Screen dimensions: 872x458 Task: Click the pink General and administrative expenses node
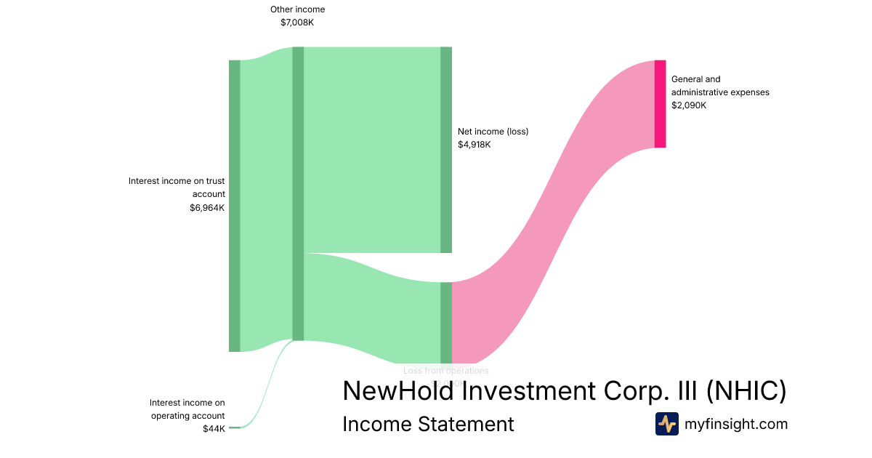tap(660, 104)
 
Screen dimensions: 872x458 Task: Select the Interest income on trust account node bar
tap(234, 206)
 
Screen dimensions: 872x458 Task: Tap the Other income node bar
tap(298, 193)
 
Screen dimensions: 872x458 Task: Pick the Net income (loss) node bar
tap(446, 150)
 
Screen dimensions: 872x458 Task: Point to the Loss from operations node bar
tap(446, 322)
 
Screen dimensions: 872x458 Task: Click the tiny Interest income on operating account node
tap(234, 428)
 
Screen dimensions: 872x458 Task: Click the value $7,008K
tap(297, 23)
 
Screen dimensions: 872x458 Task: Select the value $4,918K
tap(475, 145)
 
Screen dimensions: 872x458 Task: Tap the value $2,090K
tap(689, 105)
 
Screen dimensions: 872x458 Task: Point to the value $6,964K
tap(207, 207)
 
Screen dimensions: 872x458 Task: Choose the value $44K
tap(214, 429)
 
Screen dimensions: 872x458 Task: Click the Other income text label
tap(297, 9)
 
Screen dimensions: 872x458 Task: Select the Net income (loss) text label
tap(493, 132)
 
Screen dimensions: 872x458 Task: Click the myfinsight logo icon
tap(666, 424)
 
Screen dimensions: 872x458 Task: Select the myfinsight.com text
tap(736, 424)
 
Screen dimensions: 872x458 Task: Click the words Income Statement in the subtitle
tap(428, 424)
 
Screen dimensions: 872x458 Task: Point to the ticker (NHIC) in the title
tap(746, 391)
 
